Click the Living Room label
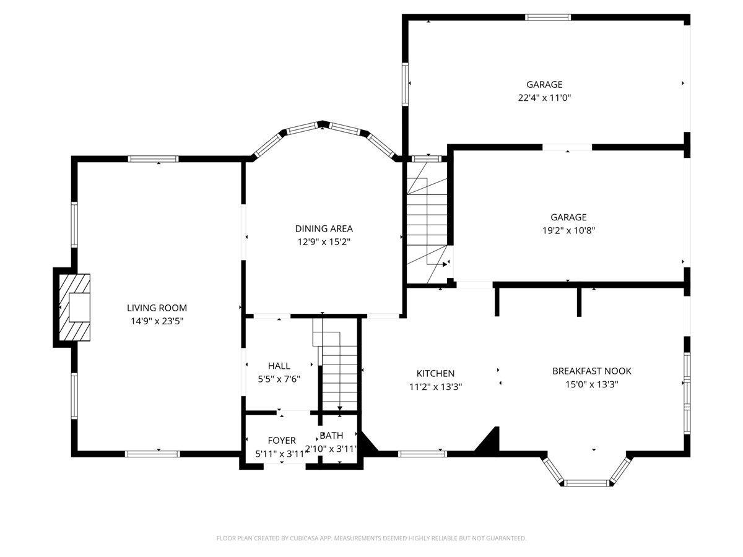[157, 308]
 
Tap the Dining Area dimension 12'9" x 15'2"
[324, 242]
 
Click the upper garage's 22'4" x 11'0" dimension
[544, 98]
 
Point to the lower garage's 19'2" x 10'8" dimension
[568, 230]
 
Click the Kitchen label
[435, 373]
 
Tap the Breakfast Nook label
[591, 371]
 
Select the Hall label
[279, 366]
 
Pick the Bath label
[331, 436]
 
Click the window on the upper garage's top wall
[548, 17]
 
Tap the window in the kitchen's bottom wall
[422, 454]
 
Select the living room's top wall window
[154, 159]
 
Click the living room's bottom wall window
[152, 454]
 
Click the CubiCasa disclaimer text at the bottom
[371, 538]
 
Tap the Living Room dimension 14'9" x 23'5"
[157, 321]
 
